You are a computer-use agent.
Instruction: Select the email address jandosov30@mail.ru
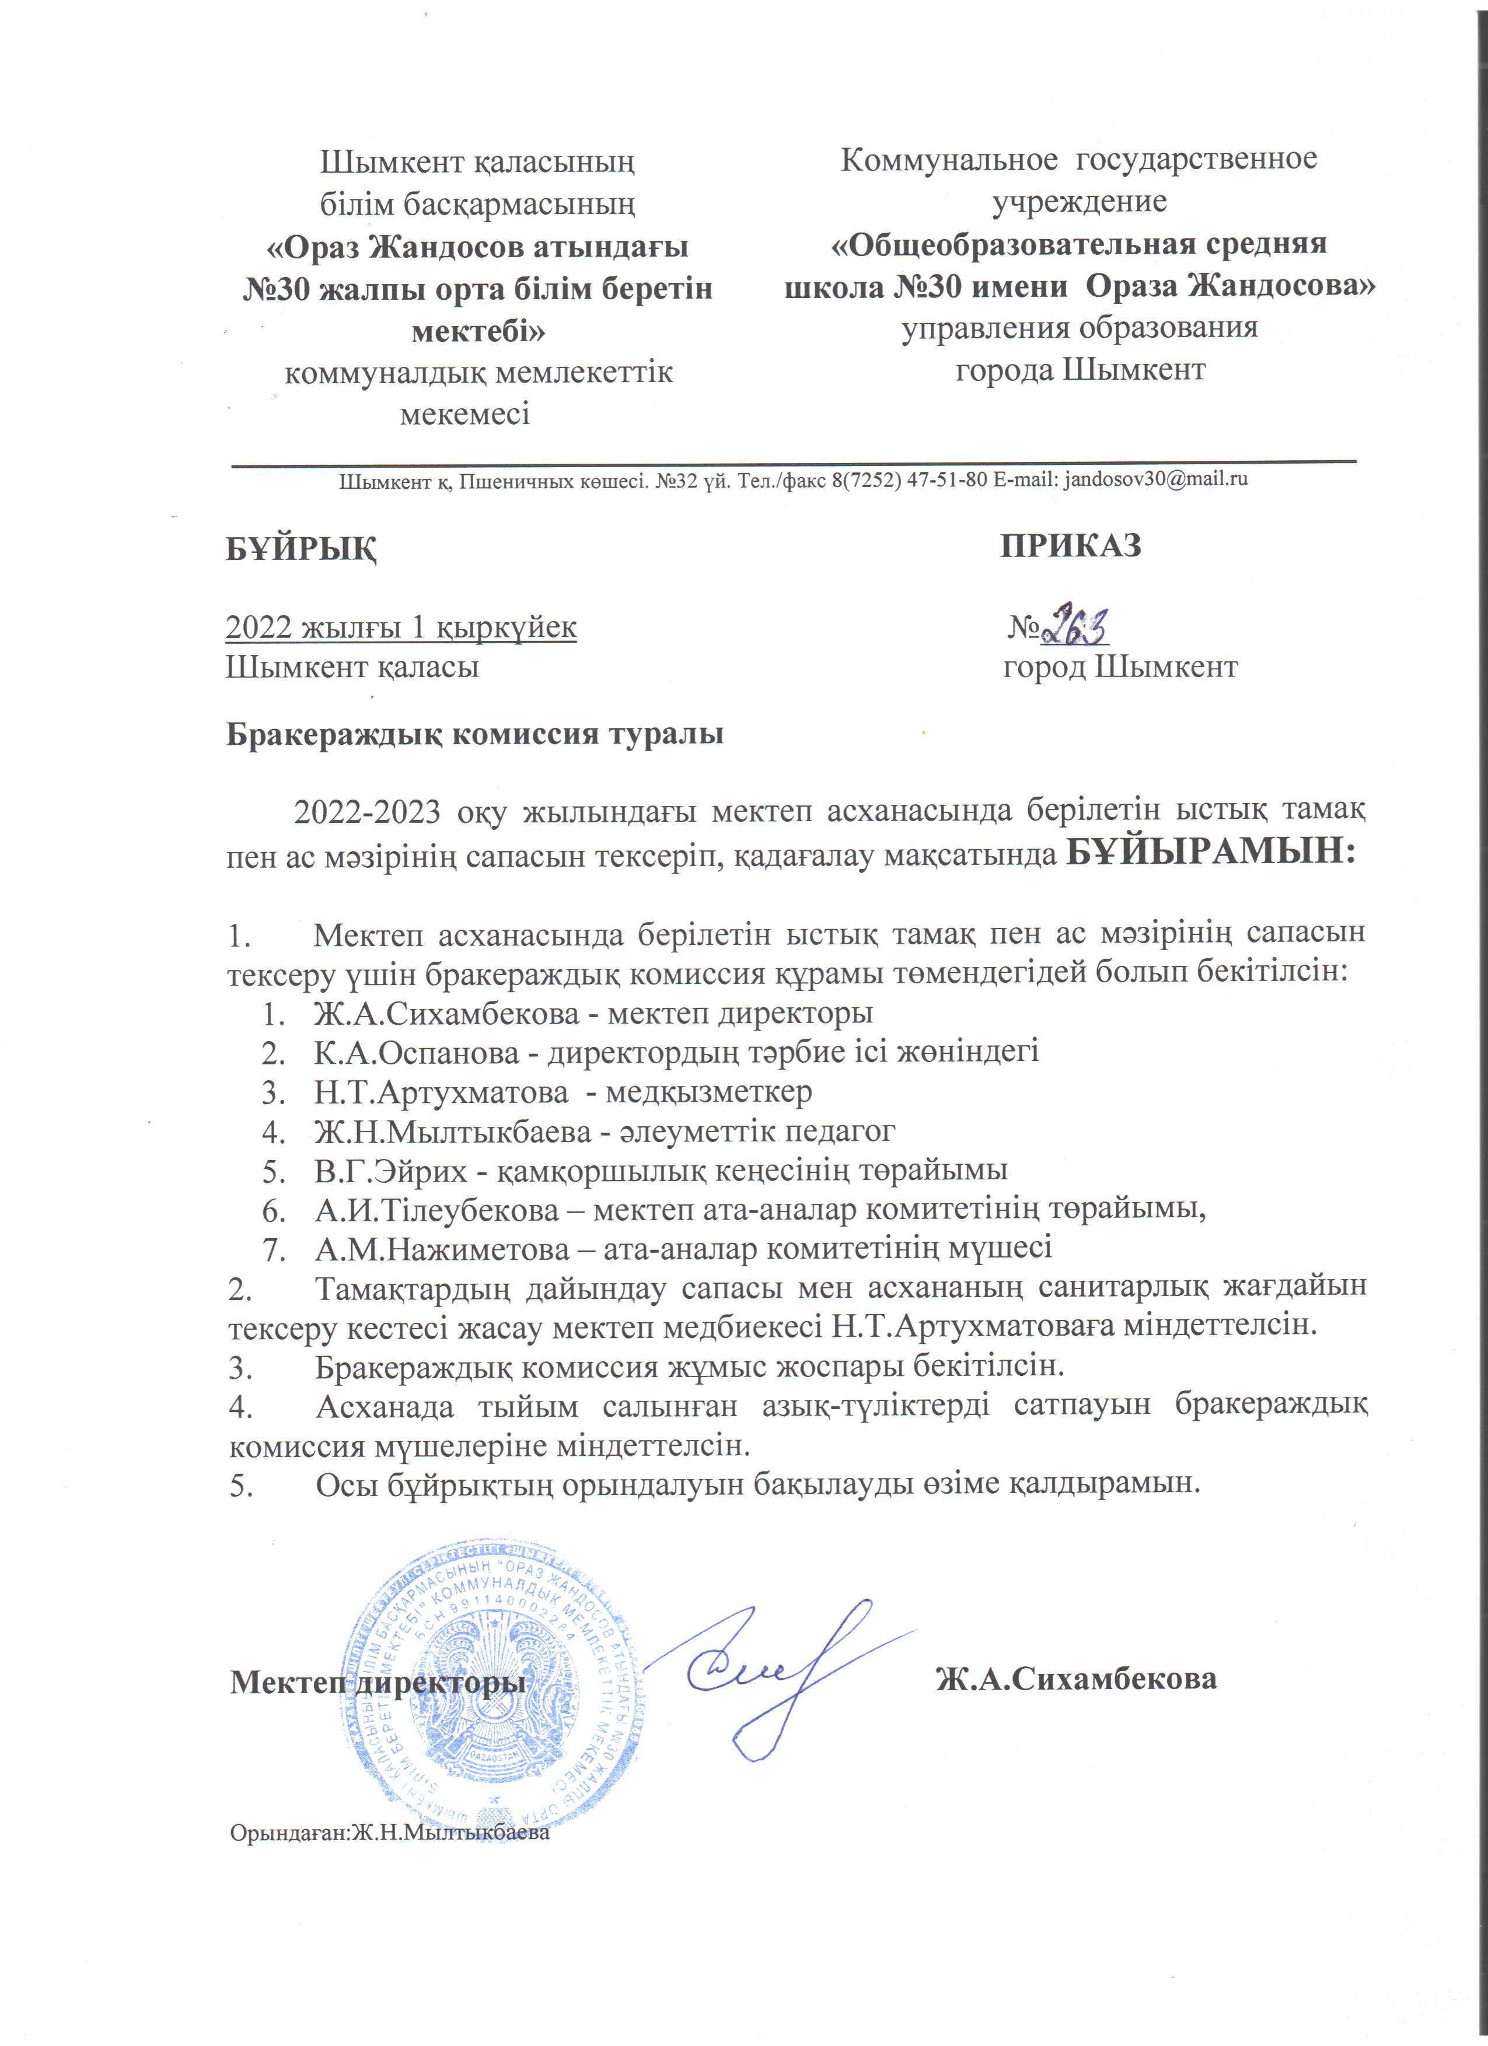pos(1156,479)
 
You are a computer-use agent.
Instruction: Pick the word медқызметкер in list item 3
pos(708,1092)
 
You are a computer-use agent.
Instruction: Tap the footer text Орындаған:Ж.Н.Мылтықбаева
pos(390,1833)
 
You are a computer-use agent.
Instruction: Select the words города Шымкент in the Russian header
pos(1080,370)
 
